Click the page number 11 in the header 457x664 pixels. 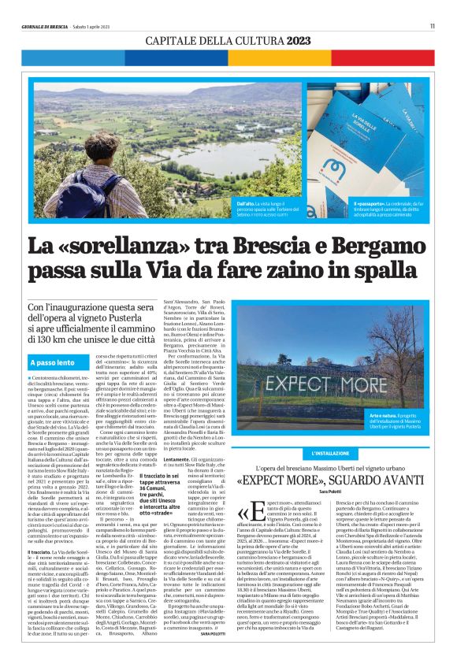[x=432, y=25]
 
